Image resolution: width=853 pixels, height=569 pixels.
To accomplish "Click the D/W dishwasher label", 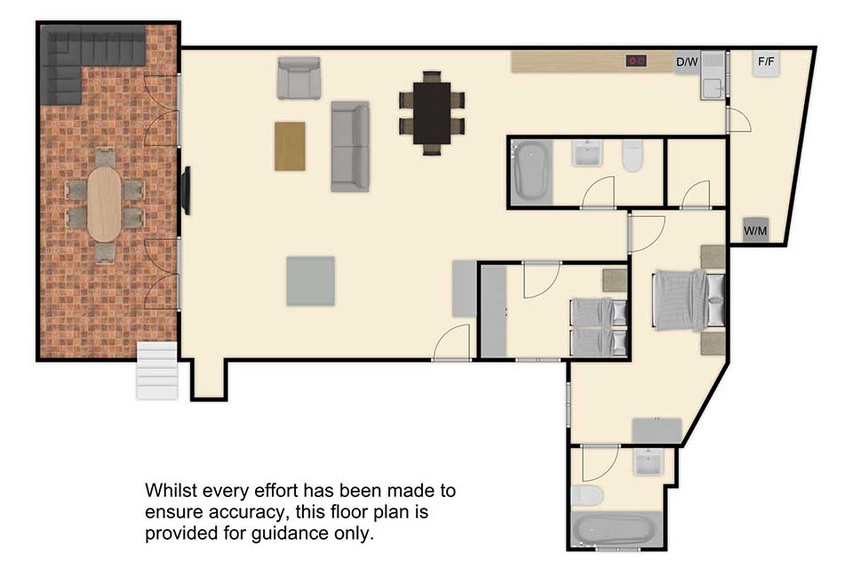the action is [687, 62].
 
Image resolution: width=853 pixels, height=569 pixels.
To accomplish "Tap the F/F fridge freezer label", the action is [766, 61].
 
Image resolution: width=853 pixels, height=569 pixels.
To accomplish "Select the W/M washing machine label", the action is [755, 231].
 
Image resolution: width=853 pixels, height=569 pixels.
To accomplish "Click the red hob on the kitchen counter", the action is [635, 61].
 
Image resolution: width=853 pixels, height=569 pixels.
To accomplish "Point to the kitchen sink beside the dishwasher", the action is [713, 76].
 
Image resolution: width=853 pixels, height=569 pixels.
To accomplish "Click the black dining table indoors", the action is [432, 113].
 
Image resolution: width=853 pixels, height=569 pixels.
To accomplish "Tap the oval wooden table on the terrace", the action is [105, 204].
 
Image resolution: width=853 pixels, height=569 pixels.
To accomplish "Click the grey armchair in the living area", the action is [299, 78].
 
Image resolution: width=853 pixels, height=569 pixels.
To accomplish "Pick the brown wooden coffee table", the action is [290, 147].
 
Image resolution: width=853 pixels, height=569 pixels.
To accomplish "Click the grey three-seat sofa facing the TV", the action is [350, 147].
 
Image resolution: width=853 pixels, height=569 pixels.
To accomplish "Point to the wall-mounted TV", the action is [186, 190].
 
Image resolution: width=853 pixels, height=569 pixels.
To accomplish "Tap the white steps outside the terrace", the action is [157, 371].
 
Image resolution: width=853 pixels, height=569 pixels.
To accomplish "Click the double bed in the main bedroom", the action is [690, 300].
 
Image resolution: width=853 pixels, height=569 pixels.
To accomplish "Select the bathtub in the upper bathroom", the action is [530, 172].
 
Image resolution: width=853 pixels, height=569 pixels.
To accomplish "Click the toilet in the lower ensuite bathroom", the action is [587, 495].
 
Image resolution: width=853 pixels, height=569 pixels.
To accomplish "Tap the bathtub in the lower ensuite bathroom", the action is [615, 529].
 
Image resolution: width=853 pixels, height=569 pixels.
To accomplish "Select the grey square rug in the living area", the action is [311, 281].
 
